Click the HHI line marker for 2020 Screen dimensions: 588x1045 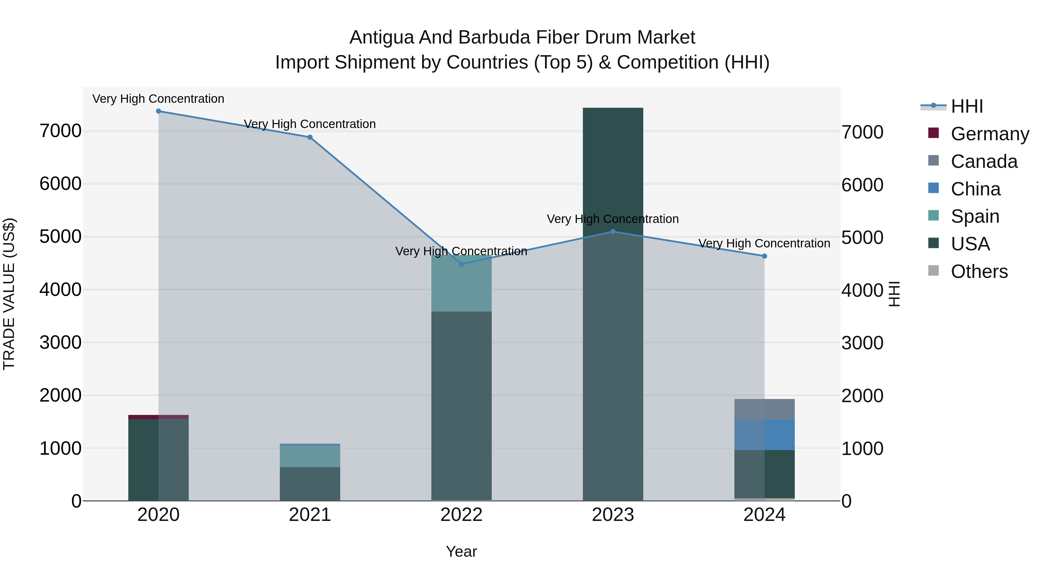click(x=158, y=111)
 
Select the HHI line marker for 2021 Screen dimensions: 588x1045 click(x=310, y=137)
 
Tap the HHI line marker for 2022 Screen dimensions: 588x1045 click(x=461, y=264)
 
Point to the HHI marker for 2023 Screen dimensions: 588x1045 click(x=613, y=232)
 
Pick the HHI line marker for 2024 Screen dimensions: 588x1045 click(x=764, y=256)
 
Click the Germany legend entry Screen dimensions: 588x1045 click(x=990, y=134)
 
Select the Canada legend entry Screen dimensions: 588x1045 click(x=984, y=161)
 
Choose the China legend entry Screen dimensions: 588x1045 click(x=975, y=189)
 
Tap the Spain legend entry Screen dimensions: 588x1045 click(x=975, y=216)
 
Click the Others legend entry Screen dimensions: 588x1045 click(x=979, y=271)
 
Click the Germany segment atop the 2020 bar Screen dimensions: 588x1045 click(x=158, y=417)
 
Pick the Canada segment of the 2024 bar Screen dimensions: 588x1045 click(x=764, y=409)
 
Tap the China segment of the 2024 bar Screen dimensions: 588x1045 click(x=764, y=435)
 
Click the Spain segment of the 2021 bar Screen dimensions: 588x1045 click(x=310, y=456)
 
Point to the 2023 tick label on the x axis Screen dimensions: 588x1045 click(x=613, y=515)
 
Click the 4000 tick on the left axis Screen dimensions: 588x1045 click(x=60, y=290)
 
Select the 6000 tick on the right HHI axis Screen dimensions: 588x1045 click(x=862, y=185)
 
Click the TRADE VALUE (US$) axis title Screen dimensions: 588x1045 click(x=9, y=294)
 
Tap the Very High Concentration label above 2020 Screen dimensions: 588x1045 click(x=158, y=99)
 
